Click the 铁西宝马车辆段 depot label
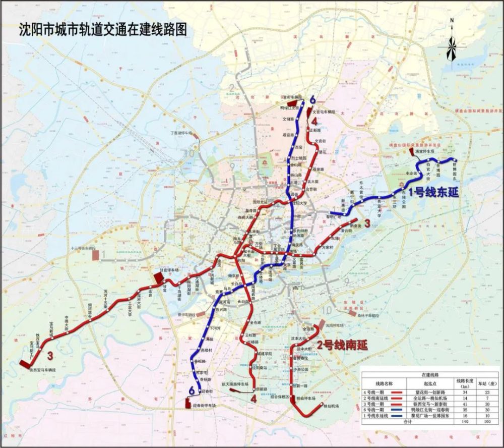pyautogui.click(x=42, y=369)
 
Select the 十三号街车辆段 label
pyautogui.click(x=83, y=248)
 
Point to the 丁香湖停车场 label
pyautogui.click(x=181, y=133)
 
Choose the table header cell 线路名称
pyautogui.click(x=380, y=384)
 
